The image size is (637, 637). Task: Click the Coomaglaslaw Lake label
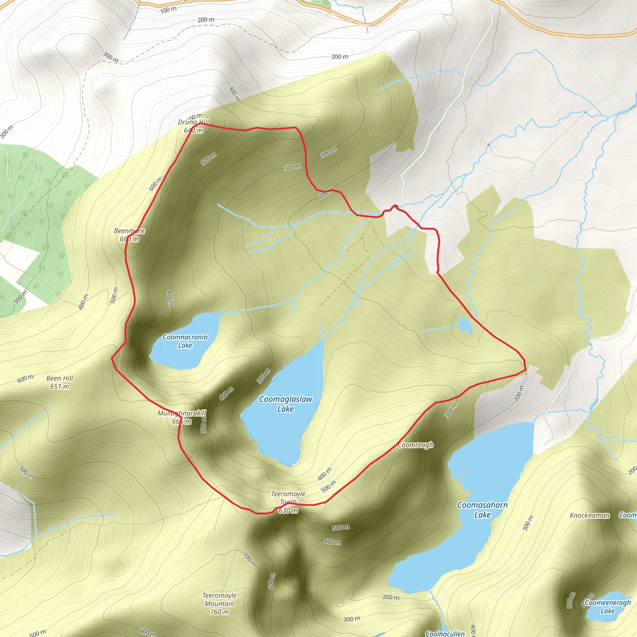pos(286,404)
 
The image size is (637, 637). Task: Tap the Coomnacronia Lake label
pos(185,341)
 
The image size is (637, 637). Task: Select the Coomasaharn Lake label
pos(482,510)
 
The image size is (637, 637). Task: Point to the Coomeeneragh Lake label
pos(607,607)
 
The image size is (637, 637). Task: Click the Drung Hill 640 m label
pos(193,126)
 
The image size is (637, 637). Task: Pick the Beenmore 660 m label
pos(129,235)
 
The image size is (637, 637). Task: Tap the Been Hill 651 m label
pos(60,382)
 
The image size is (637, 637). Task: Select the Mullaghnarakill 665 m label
pos(182,417)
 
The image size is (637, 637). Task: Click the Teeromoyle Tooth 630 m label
pos(288,502)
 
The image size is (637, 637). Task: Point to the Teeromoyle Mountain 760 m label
pos(219,604)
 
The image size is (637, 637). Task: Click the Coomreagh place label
pos(416,445)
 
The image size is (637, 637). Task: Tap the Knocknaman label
pos(589,515)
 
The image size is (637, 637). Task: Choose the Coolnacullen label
pos(445,633)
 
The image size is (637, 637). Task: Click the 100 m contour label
pos(169,10)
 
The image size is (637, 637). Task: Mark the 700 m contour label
pos(249,559)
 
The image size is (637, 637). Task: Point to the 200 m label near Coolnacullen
pos(391,597)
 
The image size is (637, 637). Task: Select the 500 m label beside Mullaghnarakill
pos(203,424)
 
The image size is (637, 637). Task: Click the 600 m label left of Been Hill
pos(26,379)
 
